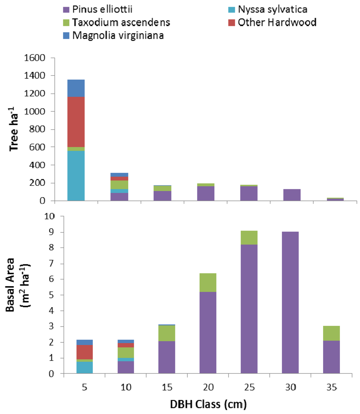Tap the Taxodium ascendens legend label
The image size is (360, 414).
pos(121,22)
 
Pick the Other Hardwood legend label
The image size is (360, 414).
pos(277,22)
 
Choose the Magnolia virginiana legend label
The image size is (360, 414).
pos(118,35)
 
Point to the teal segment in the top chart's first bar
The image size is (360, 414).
pos(76,176)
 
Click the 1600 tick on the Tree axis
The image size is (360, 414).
pos(35,58)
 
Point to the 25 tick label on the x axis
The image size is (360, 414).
pos(249,387)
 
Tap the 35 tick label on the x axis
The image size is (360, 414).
pos(332,387)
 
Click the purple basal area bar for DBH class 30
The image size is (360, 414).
pos(290,302)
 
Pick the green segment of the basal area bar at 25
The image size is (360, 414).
pos(249,237)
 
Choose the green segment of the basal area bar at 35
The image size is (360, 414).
pos(331,333)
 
